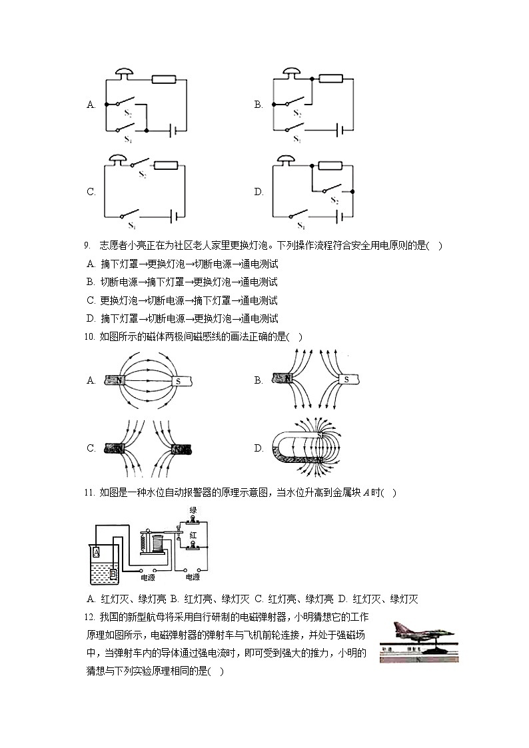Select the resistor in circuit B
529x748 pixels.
(330, 79)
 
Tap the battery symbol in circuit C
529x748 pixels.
(174, 216)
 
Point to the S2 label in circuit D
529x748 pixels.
(334, 201)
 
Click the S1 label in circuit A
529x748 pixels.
(128, 141)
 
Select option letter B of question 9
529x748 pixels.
(91, 282)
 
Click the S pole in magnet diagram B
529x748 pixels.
(346, 380)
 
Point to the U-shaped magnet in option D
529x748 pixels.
(293, 448)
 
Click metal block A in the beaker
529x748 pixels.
(97, 552)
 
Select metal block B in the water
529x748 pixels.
(113, 572)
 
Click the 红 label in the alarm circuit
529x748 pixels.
(193, 535)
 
